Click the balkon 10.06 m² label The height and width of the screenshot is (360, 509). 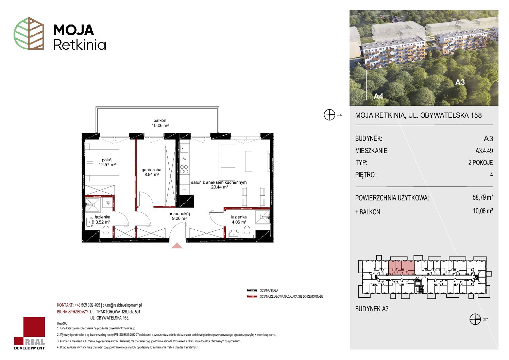pyautogui.click(x=160, y=123)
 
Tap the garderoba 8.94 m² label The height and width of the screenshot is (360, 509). pyautogui.click(x=151, y=172)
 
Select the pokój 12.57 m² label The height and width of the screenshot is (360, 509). pyautogui.click(x=107, y=162)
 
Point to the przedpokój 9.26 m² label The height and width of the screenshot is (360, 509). pyautogui.click(x=179, y=216)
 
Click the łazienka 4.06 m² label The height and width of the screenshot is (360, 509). pyautogui.click(x=239, y=219)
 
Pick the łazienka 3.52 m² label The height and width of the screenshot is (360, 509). pyautogui.click(x=102, y=220)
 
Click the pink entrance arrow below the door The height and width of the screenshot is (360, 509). pyautogui.click(x=177, y=245)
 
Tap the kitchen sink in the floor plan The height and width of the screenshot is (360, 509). pyautogui.click(x=184, y=148)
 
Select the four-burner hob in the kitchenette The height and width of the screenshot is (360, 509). pyautogui.click(x=184, y=169)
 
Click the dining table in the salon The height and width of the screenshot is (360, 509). pyautogui.click(x=253, y=196)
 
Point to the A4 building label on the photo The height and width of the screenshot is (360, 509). pyautogui.click(x=378, y=96)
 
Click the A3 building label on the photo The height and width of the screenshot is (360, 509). pyautogui.click(x=460, y=82)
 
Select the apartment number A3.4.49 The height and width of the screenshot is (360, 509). pyautogui.click(x=484, y=150)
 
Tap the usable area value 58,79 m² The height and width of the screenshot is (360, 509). pyautogui.click(x=482, y=197)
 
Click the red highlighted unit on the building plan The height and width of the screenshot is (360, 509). pyautogui.click(x=402, y=268)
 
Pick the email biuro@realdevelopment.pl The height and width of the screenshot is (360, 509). pyautogui.click(x=122, y=305)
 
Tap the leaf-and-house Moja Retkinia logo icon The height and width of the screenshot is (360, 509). pyautogui.click(x=29, y=33)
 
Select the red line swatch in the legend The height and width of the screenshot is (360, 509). pyautogui.click(x=252, y=297)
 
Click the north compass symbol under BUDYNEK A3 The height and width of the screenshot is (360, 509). pyautogui.click(x=475, y=319)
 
